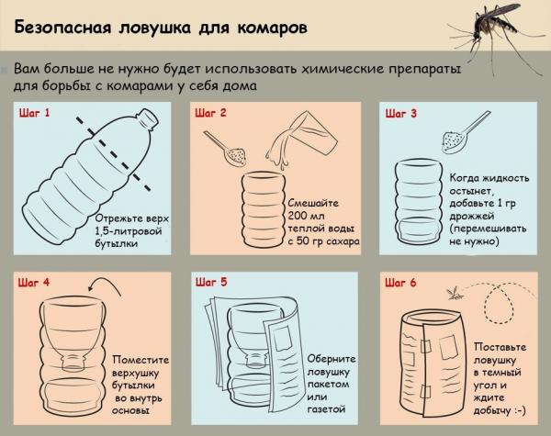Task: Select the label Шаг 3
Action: pyautogui.click(x=401, y=114)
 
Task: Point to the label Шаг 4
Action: pyautogui.click(x=35, y=284)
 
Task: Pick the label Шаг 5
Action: pyautogui.click(x=210, y=284)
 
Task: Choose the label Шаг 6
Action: pyautogui.click(x=401, y=284)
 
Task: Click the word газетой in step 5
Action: pyautogui.click(x=308, y=407)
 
